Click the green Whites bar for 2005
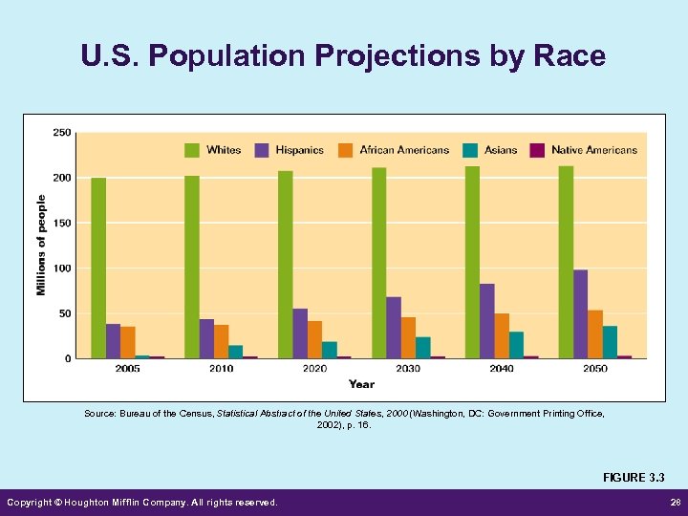98,268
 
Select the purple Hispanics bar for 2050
580,314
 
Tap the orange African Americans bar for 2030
408,337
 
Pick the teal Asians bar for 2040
516,345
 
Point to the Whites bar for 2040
472,262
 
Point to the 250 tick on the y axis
61,133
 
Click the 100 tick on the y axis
61,269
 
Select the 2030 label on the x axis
408,368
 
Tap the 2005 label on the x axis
128,368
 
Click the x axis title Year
361,384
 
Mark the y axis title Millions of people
41,245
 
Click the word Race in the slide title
570,56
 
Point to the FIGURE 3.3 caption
633,477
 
